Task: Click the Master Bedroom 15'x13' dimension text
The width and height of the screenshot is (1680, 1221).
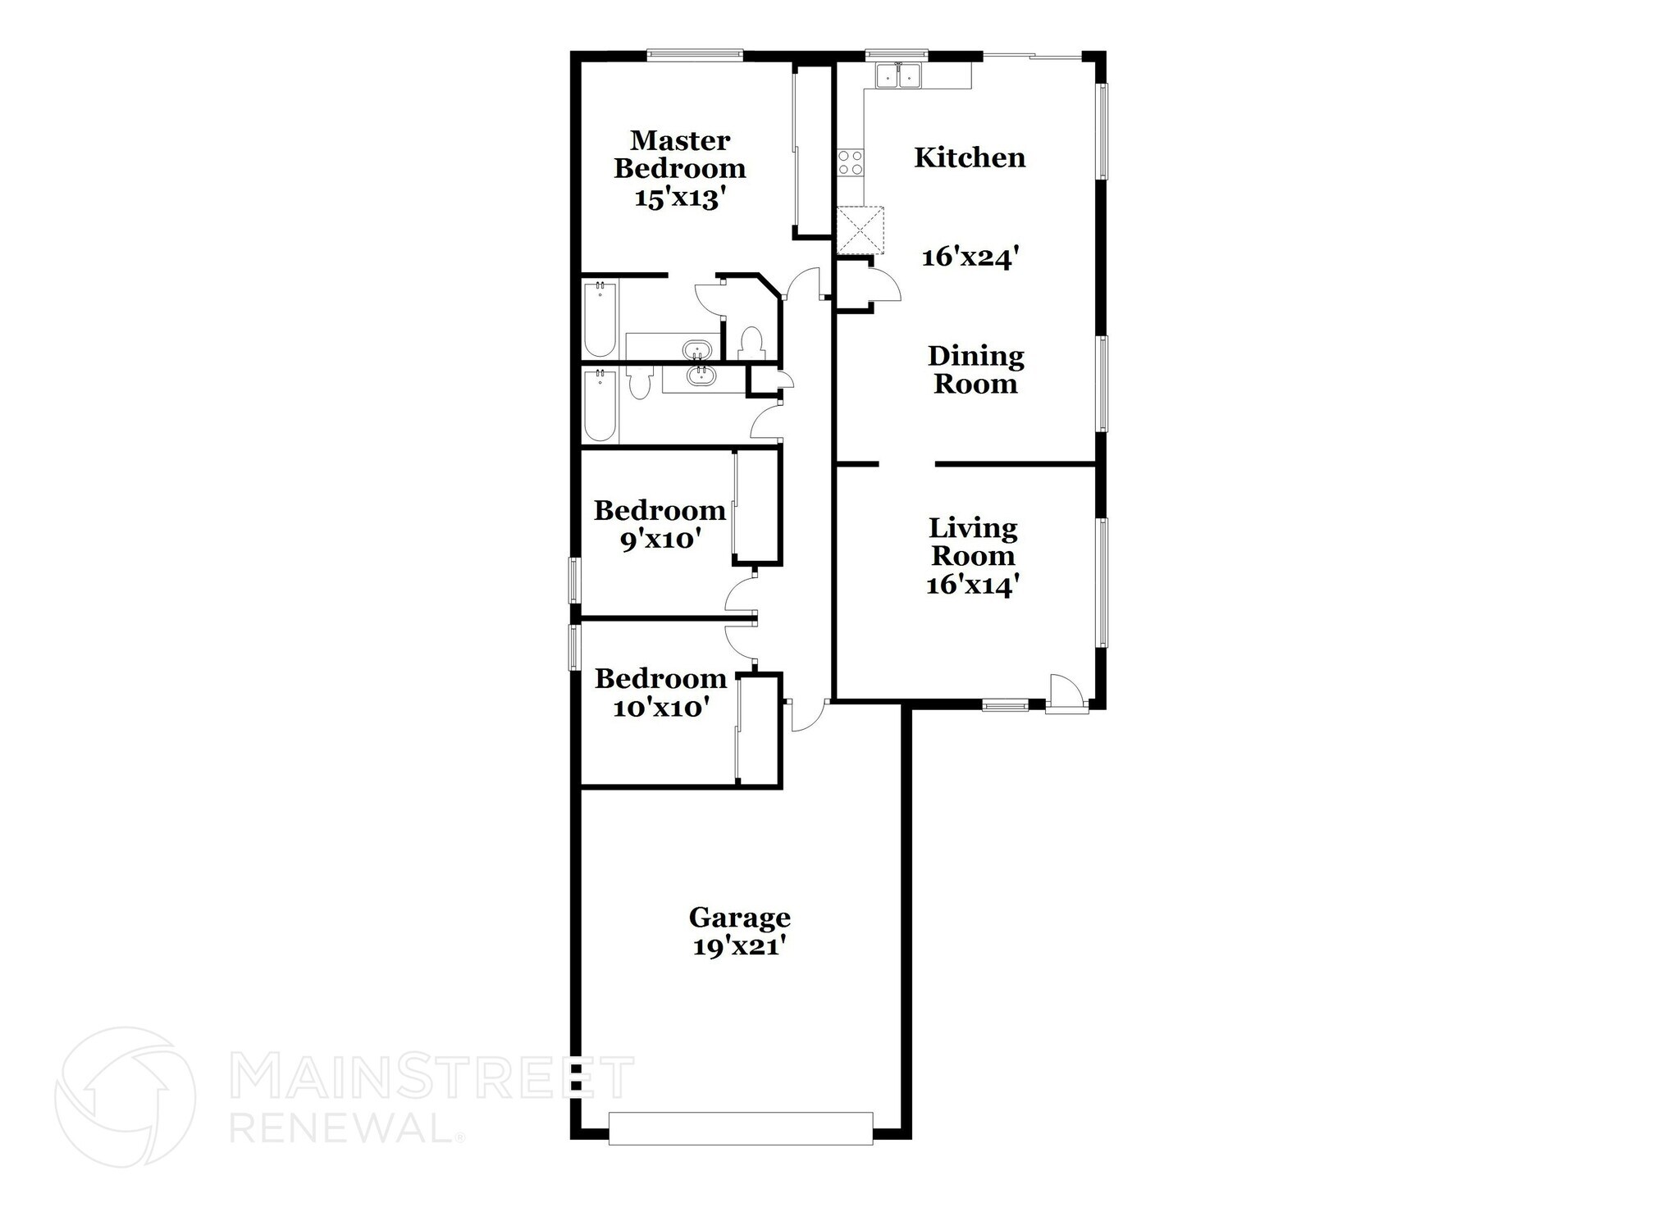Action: pyautogui.click(x=681, y=198)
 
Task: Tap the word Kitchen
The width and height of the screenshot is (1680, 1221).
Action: pyautogui.click(x=970, y=157)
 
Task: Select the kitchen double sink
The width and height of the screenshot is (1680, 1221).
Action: pyautogui.click(x=900, y=76)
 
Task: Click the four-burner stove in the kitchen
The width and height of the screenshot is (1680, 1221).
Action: pyautogui.click(x=850, y=162)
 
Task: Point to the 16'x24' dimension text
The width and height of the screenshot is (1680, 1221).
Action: pyautogui.click(x=970, y=257)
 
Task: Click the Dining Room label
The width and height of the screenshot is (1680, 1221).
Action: pyautogui.click(x=975, y=370)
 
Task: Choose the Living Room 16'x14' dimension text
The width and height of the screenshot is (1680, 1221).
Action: pyautogui.click(x=973, y=585)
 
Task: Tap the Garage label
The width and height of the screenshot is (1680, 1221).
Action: pyautogui.click(x=739, y=917)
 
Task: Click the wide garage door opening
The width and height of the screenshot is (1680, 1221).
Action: pyautogui.click(x=741, y=1128)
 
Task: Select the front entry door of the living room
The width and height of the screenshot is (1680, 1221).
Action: pyautogui.click(x=1066, y=694)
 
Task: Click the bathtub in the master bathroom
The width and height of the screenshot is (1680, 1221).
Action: pyautogui.click(x=600, y=319)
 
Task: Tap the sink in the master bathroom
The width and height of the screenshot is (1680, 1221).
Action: pyautogui.click(x=698, y=350)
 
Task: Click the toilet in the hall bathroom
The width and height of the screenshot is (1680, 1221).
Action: pyautogui.click(x=639, y=383)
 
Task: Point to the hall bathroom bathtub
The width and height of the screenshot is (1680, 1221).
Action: pyautogui.click(x=600, y=405)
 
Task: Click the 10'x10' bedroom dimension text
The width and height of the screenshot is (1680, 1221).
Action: pyautogui.click(x=660, y=708)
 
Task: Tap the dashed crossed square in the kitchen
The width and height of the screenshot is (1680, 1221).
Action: pyautogui.click(x=860, y=230)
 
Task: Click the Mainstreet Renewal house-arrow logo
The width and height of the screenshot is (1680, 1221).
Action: pyautogui.click(x=125, y=1096)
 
